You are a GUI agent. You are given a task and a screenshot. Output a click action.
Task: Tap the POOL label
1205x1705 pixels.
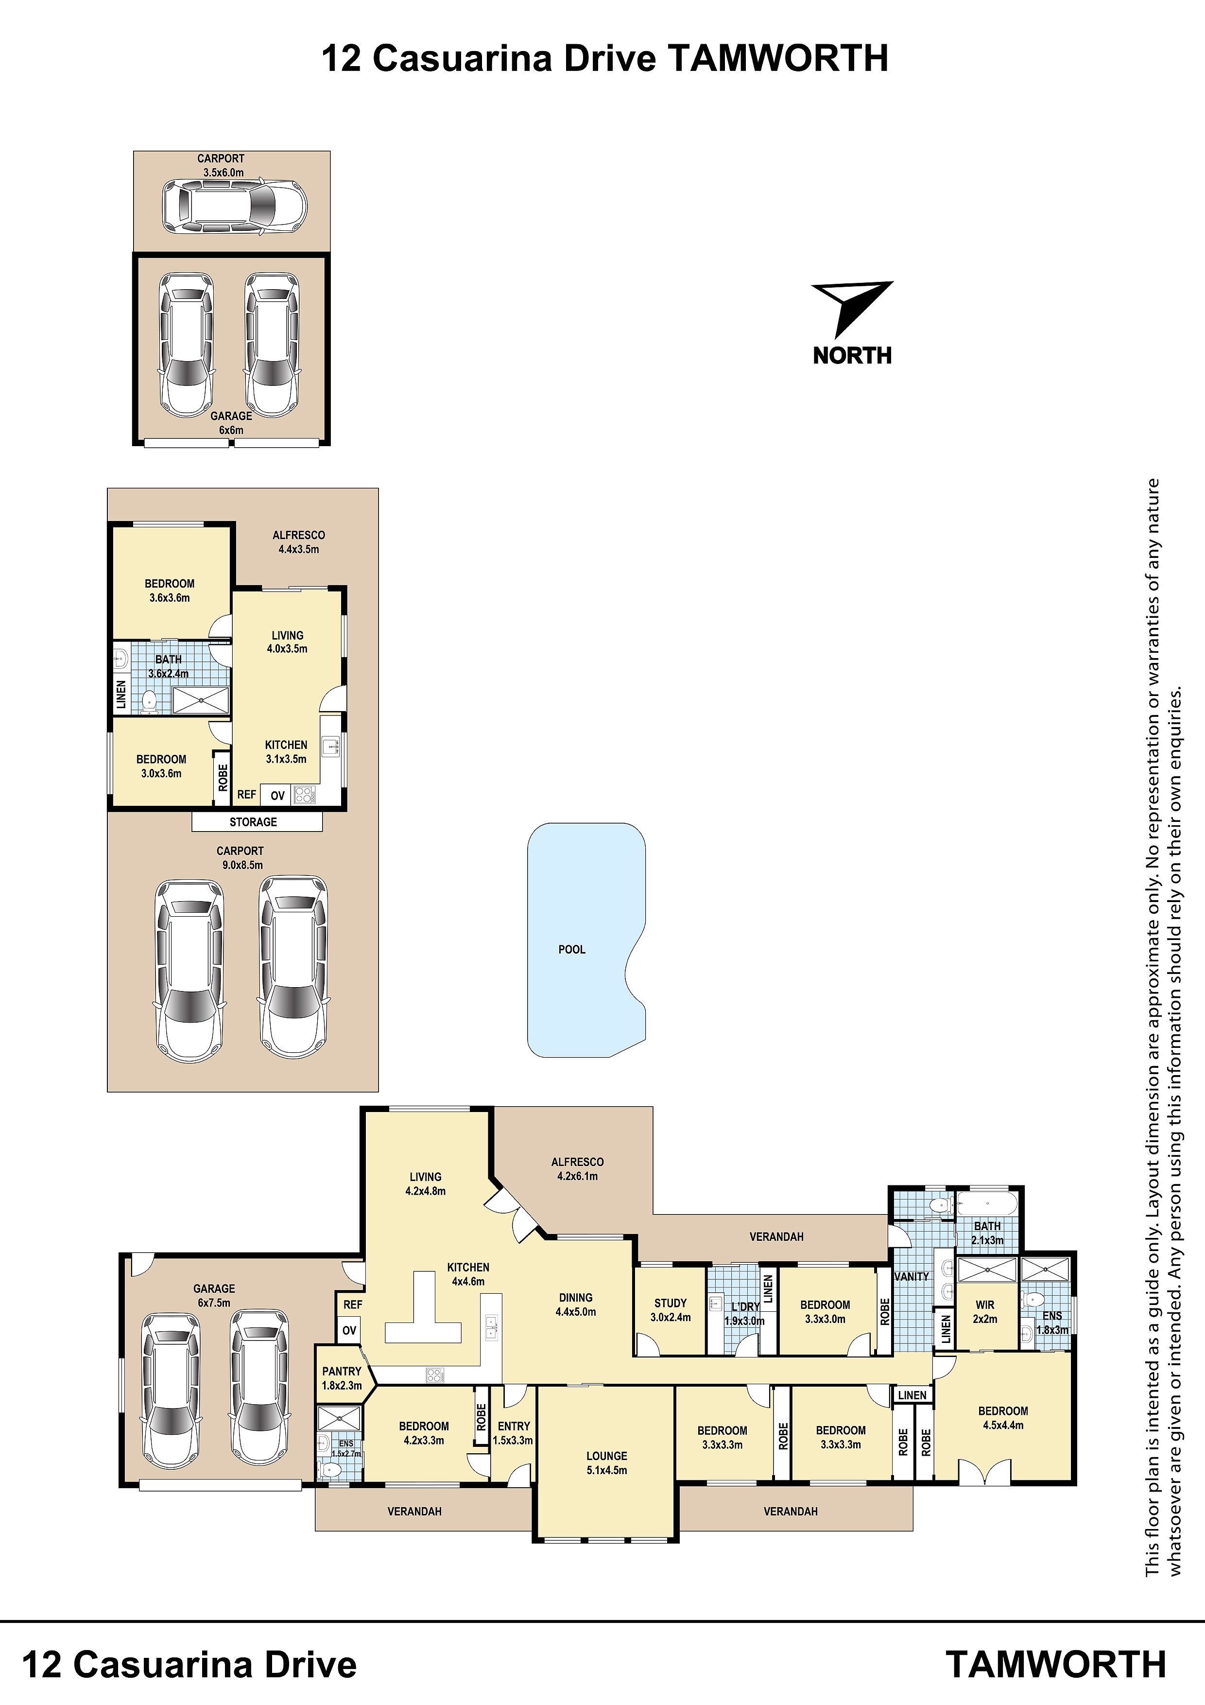[572, 949]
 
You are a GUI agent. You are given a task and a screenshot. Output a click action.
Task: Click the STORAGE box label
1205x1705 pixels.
[253, 822]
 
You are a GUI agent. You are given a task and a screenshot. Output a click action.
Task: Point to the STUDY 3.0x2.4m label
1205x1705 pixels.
[671, 1310]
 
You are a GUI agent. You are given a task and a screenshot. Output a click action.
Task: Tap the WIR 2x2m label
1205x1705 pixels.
[985, 1311]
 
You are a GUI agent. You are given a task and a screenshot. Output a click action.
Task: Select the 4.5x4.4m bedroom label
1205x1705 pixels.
[1003, 1418]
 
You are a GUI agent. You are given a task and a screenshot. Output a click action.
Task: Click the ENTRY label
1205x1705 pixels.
[514, 1426]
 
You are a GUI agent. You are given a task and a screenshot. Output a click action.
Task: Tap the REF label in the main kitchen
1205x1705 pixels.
[353, 1304]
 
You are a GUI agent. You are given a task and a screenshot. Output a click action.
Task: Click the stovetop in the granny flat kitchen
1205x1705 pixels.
[304, 795]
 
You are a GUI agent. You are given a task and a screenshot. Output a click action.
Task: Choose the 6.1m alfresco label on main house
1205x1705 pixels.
[578, 1169]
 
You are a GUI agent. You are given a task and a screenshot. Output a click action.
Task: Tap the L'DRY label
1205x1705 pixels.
[745, 1306]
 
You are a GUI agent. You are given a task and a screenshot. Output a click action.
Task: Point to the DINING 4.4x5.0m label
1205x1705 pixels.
[575, 1304]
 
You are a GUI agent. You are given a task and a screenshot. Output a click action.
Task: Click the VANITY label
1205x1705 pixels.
[912, 1276]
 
